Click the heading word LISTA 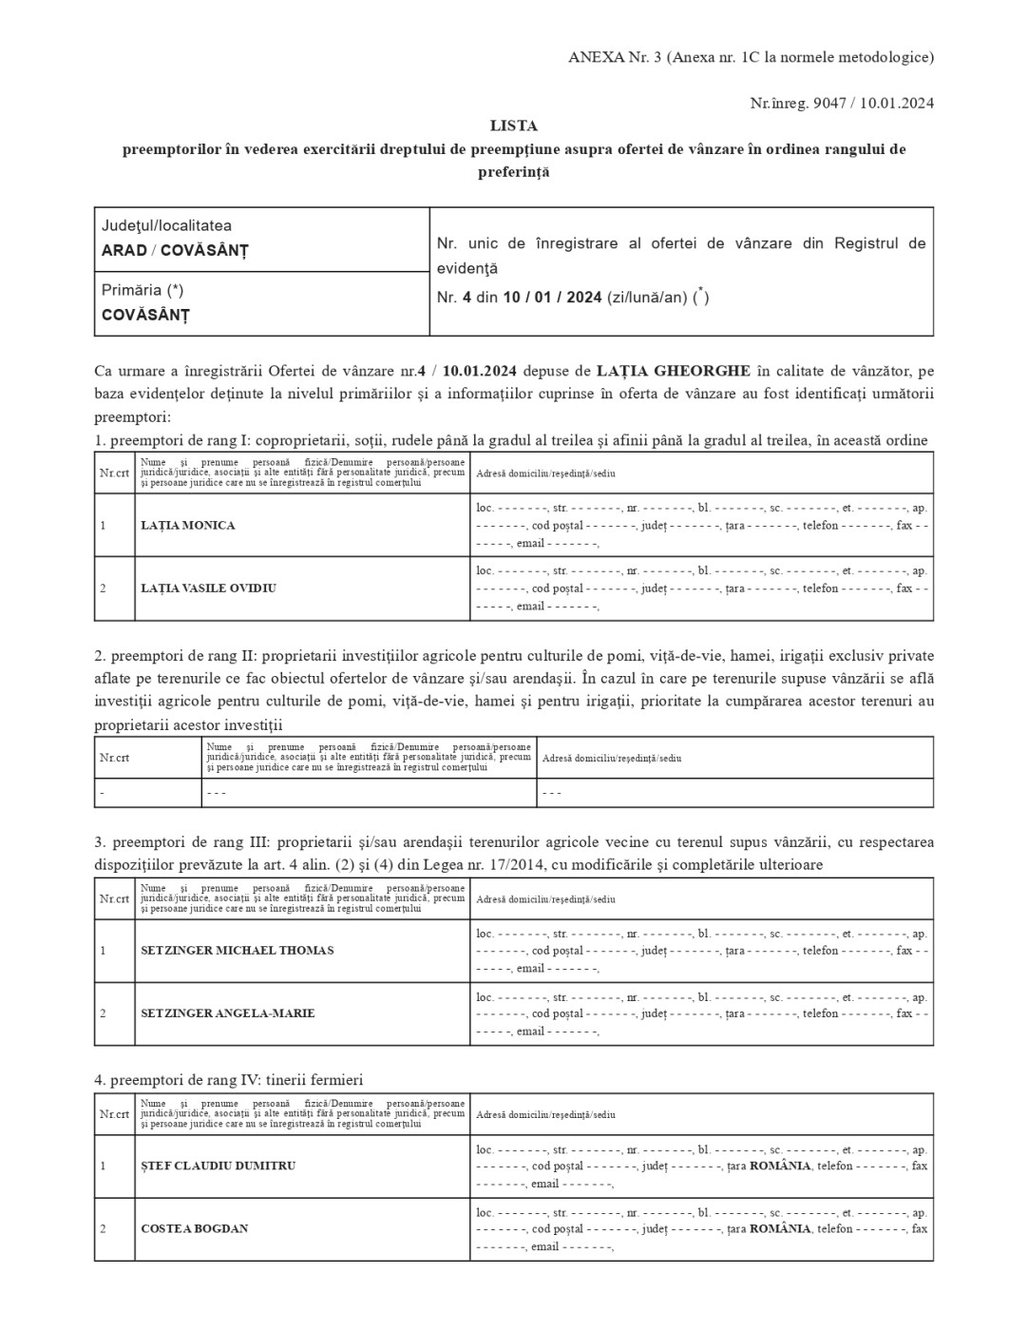click(x=513, y=125)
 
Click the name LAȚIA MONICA click(x=187, y=526)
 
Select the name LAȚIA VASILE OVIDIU click(x=208, y=588)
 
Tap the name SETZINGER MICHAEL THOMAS click(x=237, y=951)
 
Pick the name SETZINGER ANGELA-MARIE click(x=227, y=1013)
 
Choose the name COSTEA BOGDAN click(x=194, y=1228)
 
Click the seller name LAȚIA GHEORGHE click(x=673, y=370)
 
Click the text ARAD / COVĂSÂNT click(x=175, y=251)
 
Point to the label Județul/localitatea click(x=166, y=226)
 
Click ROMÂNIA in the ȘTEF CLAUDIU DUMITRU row click(x=780, y=1166)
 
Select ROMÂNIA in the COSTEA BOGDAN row click(x=780, y=1228)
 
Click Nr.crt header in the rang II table click(x=114, y=759)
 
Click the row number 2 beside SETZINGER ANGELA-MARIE click(x=103, y=1013)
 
